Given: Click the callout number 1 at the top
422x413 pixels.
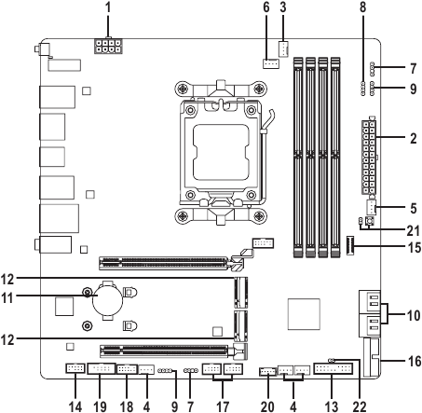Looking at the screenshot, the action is pyautogui.click(x=108, y=7).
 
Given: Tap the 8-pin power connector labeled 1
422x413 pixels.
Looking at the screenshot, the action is pyautogui.click(x=108, y=47).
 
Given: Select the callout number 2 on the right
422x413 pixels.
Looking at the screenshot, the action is pyautogui.click(x=413, y=138).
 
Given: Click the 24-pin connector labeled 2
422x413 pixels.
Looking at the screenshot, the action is pyautogui.click(x=369, y=157).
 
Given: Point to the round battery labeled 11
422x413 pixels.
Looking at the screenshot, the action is pyautogui.click(x=107, y=299).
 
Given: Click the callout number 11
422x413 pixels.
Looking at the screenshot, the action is pyautogui.click(x=7, y=298).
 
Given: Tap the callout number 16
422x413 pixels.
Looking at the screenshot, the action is pyautogui.click(x=414, y=361).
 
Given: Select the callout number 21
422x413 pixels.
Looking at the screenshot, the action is pyautogui.click(x=414, y=231).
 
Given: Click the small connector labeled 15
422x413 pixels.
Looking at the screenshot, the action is pyautogui.click(x=350, y=245).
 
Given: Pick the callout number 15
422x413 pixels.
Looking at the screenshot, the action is pyautogui.click(x=414, y=248).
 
